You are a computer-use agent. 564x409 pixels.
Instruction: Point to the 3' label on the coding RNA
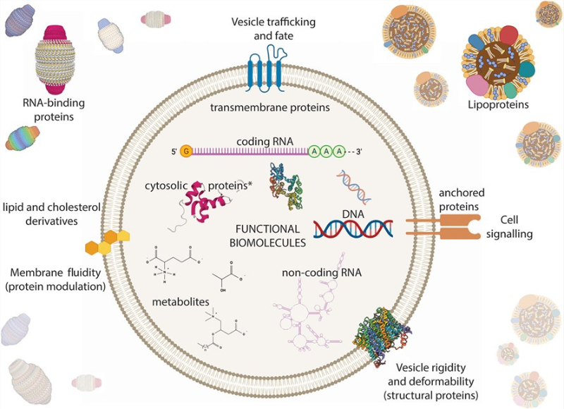(362, 151)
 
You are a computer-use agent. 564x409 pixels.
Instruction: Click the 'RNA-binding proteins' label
(50, 110)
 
